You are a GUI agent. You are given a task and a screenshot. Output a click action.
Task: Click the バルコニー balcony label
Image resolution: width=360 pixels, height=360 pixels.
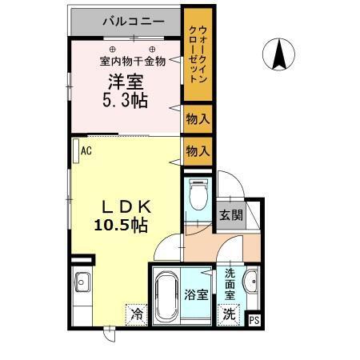[x=133, y=22]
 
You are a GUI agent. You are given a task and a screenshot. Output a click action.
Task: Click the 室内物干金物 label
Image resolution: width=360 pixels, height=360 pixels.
[x=132, y=60]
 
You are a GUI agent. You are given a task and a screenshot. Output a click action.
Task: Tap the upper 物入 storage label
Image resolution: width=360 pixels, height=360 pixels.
[x=198, y=119]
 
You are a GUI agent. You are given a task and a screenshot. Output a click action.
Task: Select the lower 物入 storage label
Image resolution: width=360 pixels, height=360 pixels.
[x=198, y=150]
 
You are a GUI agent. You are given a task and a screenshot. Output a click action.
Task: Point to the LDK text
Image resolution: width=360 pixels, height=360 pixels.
[x=120, y=206]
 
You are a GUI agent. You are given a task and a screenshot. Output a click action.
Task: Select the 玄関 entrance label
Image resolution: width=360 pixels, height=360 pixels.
[x=231, y=214]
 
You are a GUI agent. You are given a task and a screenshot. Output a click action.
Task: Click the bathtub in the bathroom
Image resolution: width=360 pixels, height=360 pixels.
[x=168, y=295]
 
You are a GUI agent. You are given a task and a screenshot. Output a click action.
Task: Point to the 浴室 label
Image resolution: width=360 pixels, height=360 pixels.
[x=197, y=294]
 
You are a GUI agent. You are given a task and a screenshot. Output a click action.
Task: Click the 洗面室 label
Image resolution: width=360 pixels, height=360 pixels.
[x=230, y=285]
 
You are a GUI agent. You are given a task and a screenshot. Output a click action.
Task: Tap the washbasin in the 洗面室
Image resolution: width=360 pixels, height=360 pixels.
[x=250, y=282]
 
